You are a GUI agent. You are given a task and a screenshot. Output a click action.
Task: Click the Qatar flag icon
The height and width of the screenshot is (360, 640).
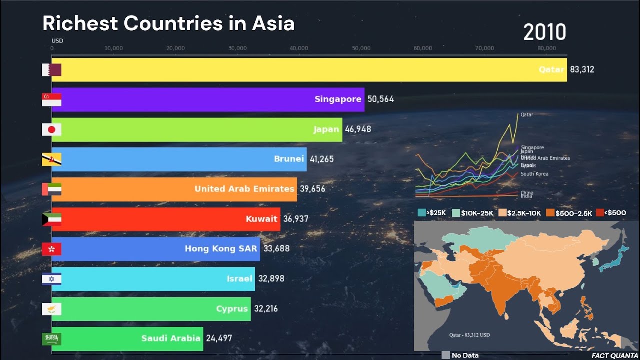[52, 70]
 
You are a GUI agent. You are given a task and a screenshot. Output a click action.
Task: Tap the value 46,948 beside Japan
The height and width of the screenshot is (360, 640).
[358, 129]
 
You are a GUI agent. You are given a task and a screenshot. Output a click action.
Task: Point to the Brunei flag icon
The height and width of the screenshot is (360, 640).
[52, 159]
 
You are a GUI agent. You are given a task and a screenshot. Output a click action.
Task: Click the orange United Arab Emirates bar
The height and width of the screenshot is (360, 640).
[174, 189]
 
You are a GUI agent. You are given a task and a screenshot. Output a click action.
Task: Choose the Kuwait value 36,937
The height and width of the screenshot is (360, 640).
[296, 219]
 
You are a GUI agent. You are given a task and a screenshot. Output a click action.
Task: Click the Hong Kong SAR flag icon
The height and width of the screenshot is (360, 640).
[52, 249]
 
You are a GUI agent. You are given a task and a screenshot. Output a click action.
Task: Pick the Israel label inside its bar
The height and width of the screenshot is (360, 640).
[239, 279]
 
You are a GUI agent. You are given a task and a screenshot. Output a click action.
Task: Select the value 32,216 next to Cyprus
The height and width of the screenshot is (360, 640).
[266, 309]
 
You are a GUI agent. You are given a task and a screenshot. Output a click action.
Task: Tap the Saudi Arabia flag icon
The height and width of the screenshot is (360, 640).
[52, 339]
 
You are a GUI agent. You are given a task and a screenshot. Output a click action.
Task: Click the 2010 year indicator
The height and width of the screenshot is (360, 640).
[544, 33]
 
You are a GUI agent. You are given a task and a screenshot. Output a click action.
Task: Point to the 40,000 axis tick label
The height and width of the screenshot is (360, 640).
[299, 48]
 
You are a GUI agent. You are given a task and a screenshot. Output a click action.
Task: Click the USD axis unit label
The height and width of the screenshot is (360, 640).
[57, 41]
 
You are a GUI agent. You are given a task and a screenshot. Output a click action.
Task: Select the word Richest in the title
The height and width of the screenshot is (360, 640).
[80, 24]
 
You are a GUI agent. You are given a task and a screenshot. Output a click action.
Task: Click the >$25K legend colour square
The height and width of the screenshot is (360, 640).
[422, 213]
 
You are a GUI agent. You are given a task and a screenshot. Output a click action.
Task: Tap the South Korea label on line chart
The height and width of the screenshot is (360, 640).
[534, 174]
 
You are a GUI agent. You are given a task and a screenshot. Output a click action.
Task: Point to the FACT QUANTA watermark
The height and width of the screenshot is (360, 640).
[613, 356]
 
